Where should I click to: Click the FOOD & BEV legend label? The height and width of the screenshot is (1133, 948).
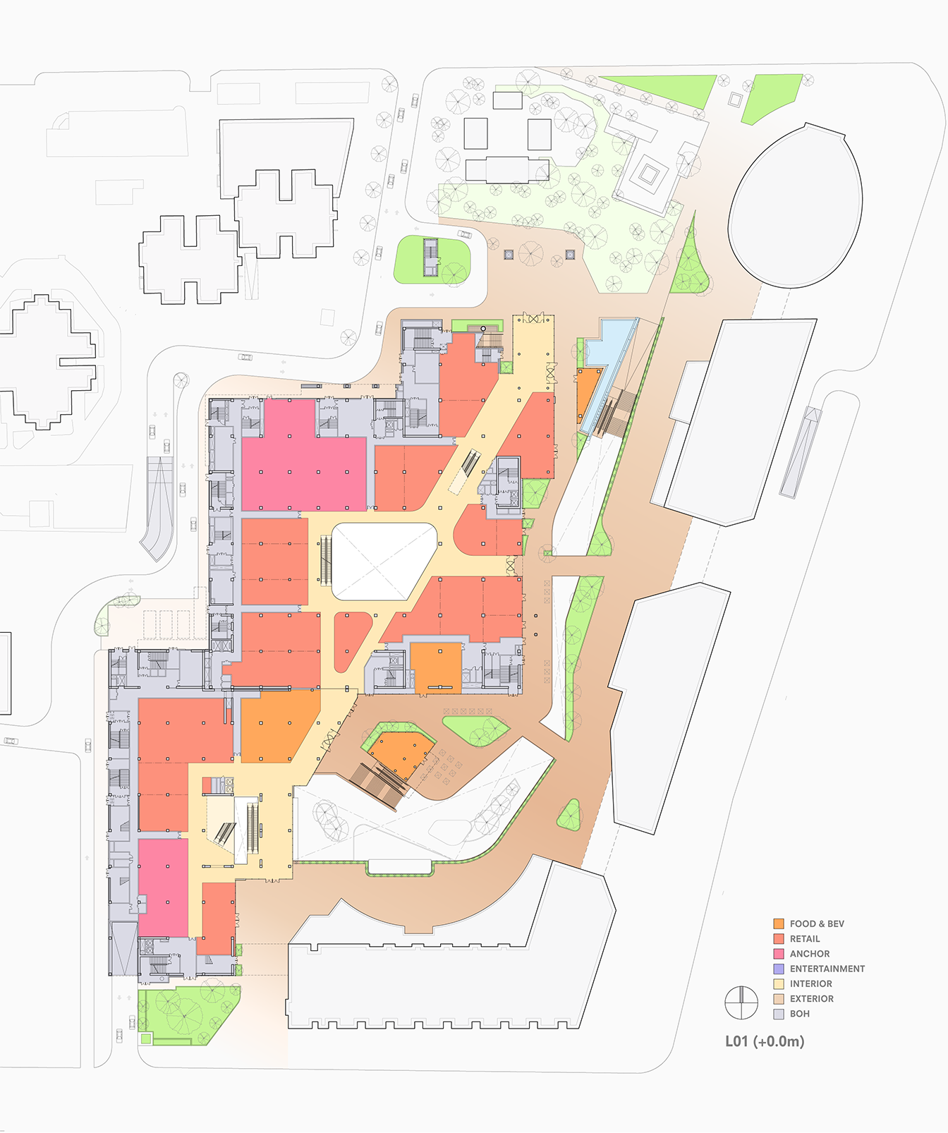tap(816, 923)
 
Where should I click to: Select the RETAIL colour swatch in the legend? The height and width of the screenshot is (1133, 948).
tap(779, 939)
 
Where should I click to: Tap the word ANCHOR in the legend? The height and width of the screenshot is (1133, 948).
tap(809, 954)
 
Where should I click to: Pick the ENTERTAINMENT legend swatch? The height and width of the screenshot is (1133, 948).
tap(779, 969)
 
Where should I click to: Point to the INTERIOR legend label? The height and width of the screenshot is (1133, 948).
tap(810, 983)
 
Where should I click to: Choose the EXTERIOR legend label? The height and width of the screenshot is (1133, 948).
tap(811, 999)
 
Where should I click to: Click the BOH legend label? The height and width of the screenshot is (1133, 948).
tap(799, 1014)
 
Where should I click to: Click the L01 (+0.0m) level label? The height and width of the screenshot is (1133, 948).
tap(765, 1041)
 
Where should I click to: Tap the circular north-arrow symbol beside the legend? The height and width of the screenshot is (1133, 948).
tap(741, 1002)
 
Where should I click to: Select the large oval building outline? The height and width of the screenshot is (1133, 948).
tap(796, 206)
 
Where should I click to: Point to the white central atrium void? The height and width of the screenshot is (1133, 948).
tap(382, 561)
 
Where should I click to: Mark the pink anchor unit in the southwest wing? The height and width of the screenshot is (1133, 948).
tap(163, 887)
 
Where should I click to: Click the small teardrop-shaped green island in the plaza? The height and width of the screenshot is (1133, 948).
tap(570, 816)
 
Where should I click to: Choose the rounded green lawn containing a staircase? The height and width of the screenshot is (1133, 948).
tap(431, 260)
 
